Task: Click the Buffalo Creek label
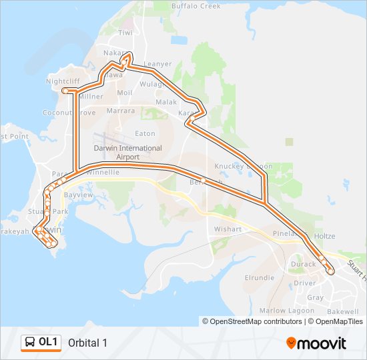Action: point(196,6)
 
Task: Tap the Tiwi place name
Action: point(125,32)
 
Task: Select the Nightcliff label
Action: point(63,81)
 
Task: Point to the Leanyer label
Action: point(157,64)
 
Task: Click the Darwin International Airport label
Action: point(127,152)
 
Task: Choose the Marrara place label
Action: point(120,111)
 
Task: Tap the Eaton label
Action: point(145,133)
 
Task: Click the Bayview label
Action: point(77,195)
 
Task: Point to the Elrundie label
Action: point(260,277)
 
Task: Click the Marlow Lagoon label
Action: point(282,311)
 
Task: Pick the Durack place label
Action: point(304,264)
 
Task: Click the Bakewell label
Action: point(342,311)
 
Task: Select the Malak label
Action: point(166,102)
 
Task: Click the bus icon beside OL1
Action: point(31,342)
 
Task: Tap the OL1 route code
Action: point(49,342)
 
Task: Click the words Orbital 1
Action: point(87,343)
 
